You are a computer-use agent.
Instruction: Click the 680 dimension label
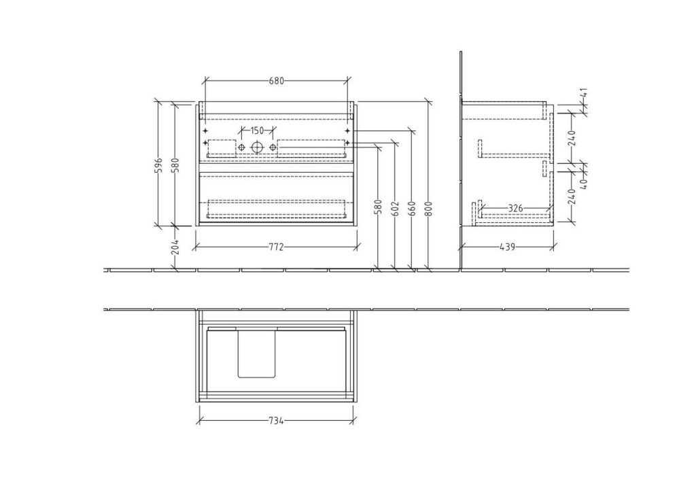click(x=276, y=81)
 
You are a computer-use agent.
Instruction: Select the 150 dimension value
click(x=258, y=131)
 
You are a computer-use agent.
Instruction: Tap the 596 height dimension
click(x=160, y=164)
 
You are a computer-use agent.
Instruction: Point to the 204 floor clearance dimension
click(x=175, y=246)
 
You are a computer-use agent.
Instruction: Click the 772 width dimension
click(x=276, y=247)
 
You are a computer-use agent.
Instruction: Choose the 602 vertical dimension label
click(x=396, y=208)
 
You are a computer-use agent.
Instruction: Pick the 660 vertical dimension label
click(x=412, y=208)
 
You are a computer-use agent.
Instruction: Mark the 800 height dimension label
click(x=429, y=208)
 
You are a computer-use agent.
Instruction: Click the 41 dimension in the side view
click(x=584, y=94)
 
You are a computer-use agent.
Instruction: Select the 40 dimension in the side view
click(x=584, y=182)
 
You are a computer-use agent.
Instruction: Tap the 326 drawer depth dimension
click(x=515, y=208)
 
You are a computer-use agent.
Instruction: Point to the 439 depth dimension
click(x=507, y=247)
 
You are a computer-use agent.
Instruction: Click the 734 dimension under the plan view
click(x=276, y=421)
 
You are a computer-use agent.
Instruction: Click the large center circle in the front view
click(x=257, y=147)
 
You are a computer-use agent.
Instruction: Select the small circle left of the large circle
click(x=241, y=147)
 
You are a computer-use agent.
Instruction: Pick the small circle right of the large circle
click(x=273, y=147)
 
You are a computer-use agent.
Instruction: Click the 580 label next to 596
click(x=175, y=164)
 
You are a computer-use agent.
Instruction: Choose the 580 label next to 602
click(x=379, y=208)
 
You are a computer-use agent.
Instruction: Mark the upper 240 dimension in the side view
click(x=572, y=137)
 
